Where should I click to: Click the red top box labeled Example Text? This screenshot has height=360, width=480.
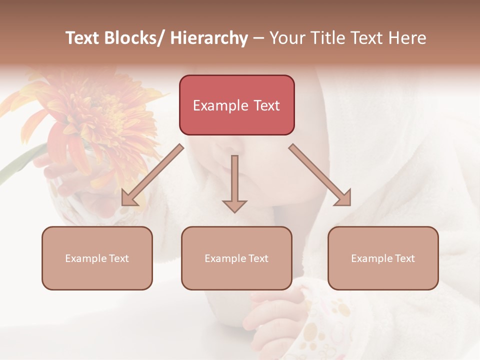point(236,105)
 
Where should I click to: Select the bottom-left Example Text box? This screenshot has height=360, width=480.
point(97,258)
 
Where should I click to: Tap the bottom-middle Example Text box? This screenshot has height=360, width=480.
point(236,258)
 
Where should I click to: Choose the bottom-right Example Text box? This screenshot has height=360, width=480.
point(383,258)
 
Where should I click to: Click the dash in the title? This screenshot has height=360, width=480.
point(258,38)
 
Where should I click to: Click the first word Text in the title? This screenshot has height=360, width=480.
point(82,38)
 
